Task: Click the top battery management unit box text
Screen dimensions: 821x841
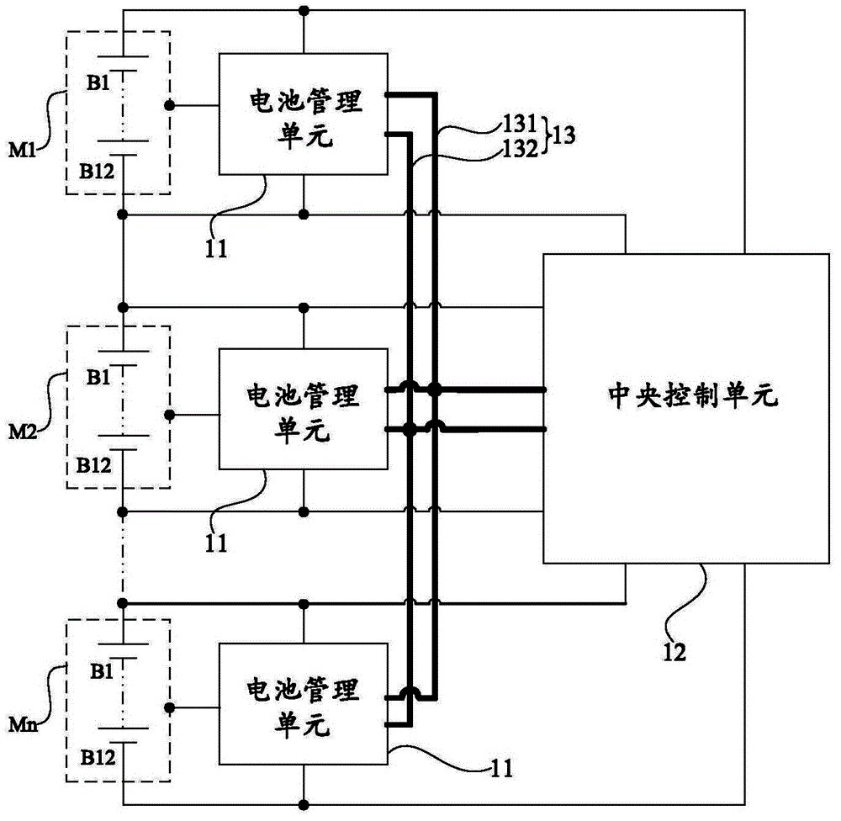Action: [x=303, y=119]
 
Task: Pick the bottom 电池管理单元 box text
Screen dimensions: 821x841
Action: [x=303, y=706]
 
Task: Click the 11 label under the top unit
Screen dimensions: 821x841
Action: [x=216, y=248]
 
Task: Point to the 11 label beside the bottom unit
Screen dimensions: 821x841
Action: [x=502, y=767]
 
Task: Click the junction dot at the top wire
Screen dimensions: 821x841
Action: [x=304, y=10]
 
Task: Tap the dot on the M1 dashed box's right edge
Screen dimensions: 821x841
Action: [x=169, y=106]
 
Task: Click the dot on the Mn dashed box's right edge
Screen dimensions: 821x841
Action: [x=169, y=708]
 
